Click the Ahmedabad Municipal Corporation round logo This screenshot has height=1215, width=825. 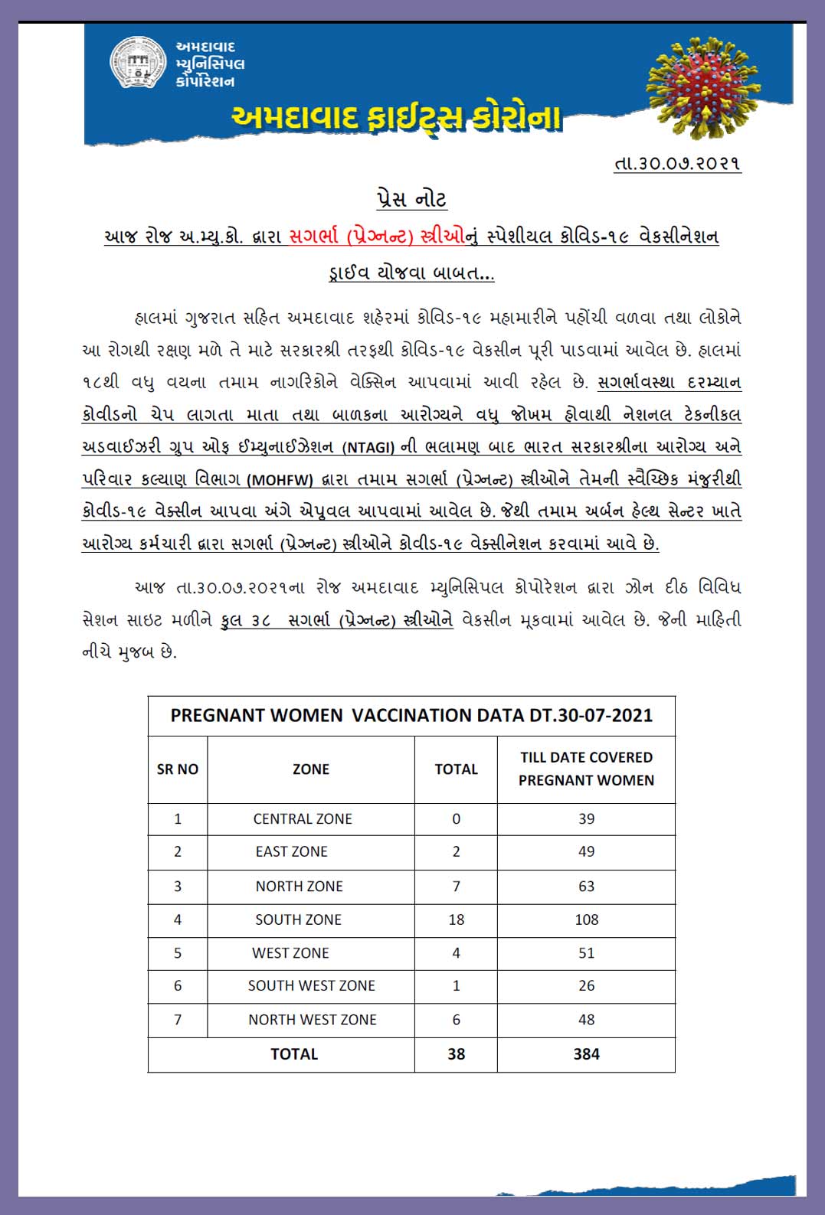[138, 63]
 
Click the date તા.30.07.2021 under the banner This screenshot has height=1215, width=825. [677, 164]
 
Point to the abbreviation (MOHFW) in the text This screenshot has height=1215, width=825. [280, 480]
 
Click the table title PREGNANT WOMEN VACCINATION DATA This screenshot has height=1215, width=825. [411, 716]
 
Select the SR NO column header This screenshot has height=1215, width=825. [178, 769]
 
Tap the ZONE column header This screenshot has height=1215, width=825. [311, 769]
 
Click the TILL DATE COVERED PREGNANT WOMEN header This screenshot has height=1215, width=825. [586, 769]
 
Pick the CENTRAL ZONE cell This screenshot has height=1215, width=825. [303, 818]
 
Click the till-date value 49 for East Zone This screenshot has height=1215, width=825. [586, 851]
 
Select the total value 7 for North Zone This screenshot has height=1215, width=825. [457, 886]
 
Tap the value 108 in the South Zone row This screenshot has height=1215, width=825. [586, 919]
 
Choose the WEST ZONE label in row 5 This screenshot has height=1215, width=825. [290, 953]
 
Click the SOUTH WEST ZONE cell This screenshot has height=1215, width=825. [311, 986]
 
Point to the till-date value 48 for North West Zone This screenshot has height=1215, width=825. [586, 1020]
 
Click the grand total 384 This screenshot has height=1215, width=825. [586, 1054]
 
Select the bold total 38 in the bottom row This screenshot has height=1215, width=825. [457, 1054]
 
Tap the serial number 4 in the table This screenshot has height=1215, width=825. [178, 919]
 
